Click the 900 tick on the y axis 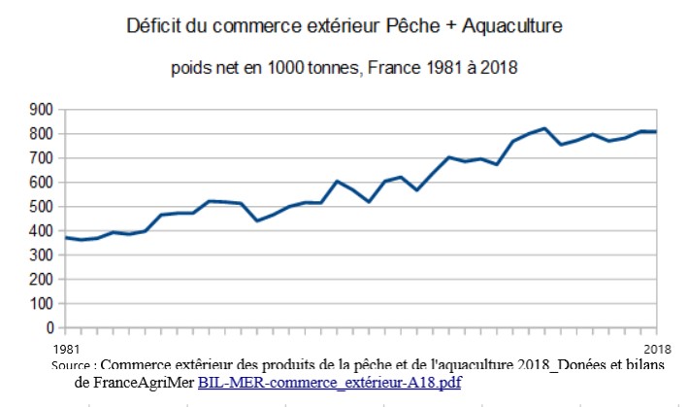point(40,110)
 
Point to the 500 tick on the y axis point(40,207)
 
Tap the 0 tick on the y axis point(48,328)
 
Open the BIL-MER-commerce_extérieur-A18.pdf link point(329,383)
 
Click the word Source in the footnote point(75,365)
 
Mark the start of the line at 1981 point(66,238)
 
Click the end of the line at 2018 point(655,131)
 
